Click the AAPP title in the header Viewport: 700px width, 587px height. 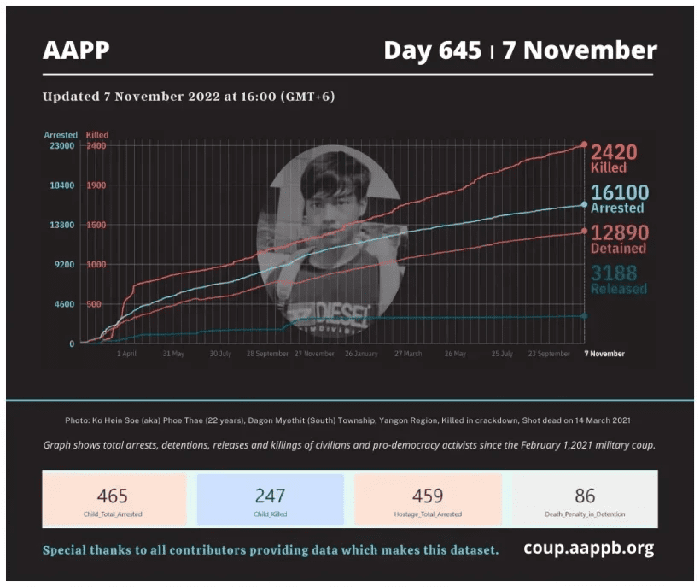76,50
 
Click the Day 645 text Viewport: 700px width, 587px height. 432,50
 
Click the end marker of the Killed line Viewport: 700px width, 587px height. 584,145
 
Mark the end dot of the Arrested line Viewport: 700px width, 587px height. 584,205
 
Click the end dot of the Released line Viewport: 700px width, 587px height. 584,316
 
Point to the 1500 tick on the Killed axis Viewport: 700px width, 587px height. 96,225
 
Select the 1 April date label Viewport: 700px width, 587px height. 126,354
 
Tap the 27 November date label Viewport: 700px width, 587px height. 314,354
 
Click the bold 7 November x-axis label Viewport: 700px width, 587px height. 604,354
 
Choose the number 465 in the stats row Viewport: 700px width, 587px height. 113,496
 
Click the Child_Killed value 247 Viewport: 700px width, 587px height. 270,496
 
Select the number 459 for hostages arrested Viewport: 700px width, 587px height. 427,496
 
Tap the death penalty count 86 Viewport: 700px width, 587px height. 585,496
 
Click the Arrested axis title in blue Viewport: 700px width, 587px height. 61,135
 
